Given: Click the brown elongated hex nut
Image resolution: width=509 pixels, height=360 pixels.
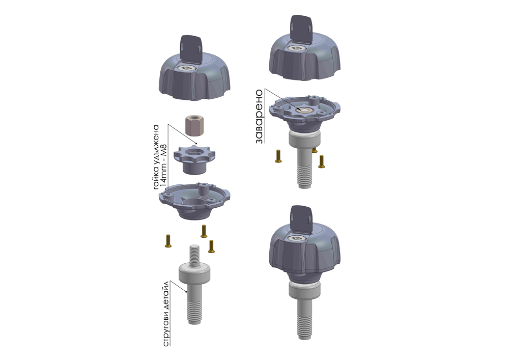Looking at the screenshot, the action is pyautogui.click(x=194, y=126).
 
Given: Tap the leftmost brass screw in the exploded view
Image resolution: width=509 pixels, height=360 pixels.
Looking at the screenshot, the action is pyautogui.click(x=168, y=241).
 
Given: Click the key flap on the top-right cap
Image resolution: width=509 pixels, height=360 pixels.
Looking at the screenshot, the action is pyautogui.click(x=301, y=29).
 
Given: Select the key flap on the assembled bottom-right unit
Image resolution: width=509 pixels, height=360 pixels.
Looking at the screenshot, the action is pyautogui.click(x=301, y=219).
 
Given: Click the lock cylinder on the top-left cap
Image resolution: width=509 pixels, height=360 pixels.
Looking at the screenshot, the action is pyautogui.click(x=187, y=68).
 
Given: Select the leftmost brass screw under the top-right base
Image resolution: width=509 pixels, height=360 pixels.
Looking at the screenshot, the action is pyautogui.click(x=278, y=156).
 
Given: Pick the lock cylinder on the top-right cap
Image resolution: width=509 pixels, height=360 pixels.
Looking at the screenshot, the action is pyautogui.click(x=297, y=48).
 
